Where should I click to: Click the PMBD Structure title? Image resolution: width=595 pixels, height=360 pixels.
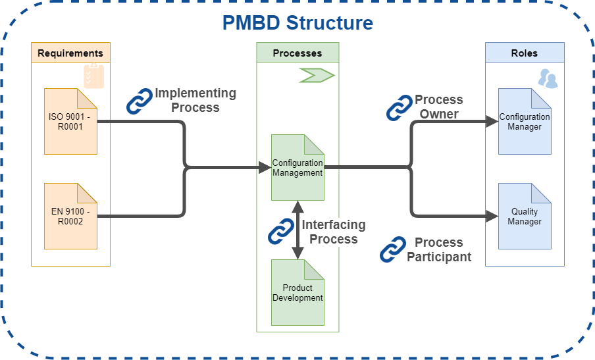point(297,23)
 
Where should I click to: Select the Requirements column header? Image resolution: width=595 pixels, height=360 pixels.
point(70,53)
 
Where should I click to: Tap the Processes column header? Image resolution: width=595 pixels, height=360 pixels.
point(297,53)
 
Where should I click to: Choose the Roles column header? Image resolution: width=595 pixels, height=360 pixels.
point(525,53)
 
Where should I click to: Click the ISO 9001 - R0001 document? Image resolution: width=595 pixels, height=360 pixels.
point(70,121)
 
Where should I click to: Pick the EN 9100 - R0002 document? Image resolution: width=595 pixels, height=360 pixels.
point(70,217)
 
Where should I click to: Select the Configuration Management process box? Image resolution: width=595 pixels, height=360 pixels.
point(297,167)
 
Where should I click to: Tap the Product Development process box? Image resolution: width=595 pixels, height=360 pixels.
point(297,292)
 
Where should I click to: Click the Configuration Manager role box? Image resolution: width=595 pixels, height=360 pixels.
point(525,121)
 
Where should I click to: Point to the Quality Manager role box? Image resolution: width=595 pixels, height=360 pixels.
point(525,217)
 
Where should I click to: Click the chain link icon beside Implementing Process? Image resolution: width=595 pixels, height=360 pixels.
point(140,101)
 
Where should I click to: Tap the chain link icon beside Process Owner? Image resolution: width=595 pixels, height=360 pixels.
point(400,108)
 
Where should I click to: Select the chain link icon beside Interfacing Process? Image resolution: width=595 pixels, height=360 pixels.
point(281,231)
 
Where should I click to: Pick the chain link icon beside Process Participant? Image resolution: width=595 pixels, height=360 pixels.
point(393,249)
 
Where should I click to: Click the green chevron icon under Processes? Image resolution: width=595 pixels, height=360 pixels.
point(317,75)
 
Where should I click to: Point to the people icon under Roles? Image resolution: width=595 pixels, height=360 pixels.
point(548,78)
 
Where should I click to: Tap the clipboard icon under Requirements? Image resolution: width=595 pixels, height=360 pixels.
point(93,76)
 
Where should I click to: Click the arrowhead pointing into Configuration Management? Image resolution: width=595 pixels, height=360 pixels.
point(265,167)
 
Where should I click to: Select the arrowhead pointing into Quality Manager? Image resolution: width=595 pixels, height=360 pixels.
point(492,217)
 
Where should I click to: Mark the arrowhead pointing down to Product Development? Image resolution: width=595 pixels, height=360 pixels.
point(298,253)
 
